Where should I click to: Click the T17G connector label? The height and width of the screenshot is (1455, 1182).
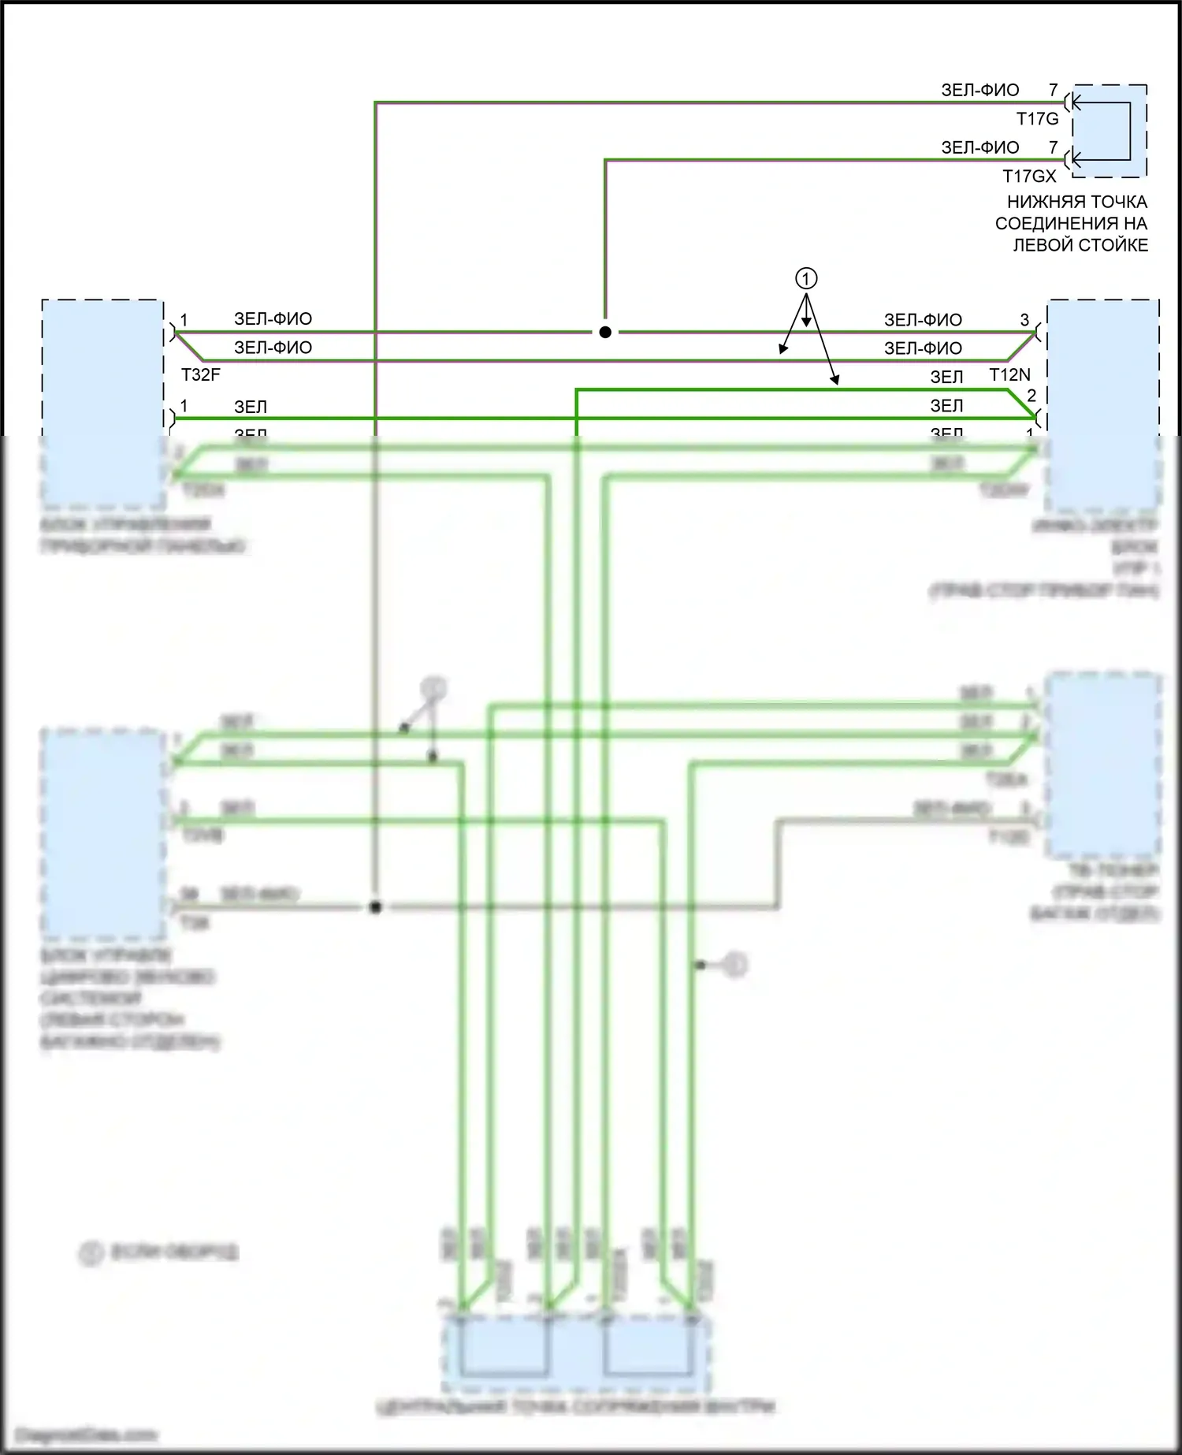[1037, 119]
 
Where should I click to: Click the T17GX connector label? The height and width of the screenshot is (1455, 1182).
[1029, 176]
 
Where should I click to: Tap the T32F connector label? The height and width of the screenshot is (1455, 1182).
[201, 374]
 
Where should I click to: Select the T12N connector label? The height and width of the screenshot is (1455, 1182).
[1009, 375]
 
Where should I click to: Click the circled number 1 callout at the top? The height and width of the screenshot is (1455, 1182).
[805, 278]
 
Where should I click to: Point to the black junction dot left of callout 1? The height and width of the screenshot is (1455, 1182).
[605, 333]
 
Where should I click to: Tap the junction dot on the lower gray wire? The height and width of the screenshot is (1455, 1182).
[375, 908]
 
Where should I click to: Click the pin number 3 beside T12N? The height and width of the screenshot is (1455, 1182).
[1024, 320]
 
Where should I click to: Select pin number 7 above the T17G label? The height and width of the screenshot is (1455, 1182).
[1053, 90]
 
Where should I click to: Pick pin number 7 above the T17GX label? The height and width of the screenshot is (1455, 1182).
[1053, 147]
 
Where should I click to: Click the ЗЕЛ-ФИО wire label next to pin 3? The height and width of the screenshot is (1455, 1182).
[923, 320]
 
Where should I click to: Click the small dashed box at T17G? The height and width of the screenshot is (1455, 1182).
[1108, 131]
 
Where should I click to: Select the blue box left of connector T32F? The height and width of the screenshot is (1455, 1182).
[102, 402]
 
